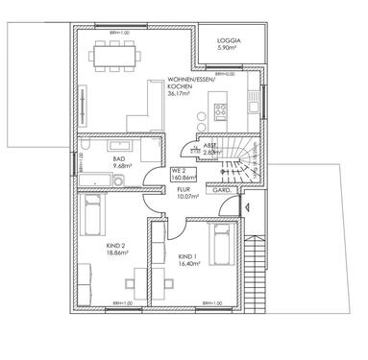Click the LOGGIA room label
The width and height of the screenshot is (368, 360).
point(228,41)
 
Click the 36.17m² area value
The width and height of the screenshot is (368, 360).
point(181,94)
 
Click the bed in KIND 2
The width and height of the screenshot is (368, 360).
point(92,214)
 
